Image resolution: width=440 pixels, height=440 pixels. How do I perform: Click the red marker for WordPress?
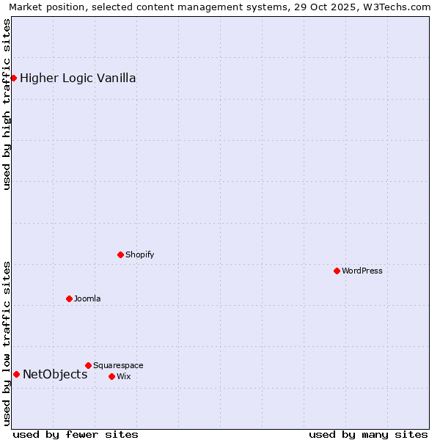click(337, 271)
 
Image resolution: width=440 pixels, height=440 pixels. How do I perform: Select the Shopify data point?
click(120, 254)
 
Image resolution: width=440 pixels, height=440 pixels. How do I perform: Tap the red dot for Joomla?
click(69, 298)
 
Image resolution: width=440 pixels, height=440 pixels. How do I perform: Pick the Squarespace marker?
click(88, 365)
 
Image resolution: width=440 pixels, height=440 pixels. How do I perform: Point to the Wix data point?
click(111, 376)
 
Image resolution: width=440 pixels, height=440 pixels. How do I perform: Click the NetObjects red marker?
click(16, 374)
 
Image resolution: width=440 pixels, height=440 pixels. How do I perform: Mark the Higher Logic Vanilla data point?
click(13, 78)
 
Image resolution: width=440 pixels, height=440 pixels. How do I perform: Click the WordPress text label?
click(362, 271)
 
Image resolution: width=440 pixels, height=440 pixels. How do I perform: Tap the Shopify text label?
click(139, 254)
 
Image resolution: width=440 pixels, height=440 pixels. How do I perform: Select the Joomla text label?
click(87, 298)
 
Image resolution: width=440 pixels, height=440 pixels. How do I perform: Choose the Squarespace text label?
click(118, 365)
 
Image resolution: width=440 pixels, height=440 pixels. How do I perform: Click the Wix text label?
click(123, 376)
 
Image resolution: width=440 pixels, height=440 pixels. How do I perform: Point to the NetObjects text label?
click(55, 374)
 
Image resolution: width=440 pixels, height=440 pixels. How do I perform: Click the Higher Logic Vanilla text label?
click(78, 78)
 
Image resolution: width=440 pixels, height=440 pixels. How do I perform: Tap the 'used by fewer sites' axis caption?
click(76, 434)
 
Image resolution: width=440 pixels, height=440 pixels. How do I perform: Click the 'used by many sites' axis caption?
click(368, 434)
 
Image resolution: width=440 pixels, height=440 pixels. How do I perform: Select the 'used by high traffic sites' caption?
click(7, 104)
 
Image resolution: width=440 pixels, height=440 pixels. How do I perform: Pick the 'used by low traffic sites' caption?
click(7, 343)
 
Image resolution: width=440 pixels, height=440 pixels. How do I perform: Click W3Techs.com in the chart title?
click(400, 7)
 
